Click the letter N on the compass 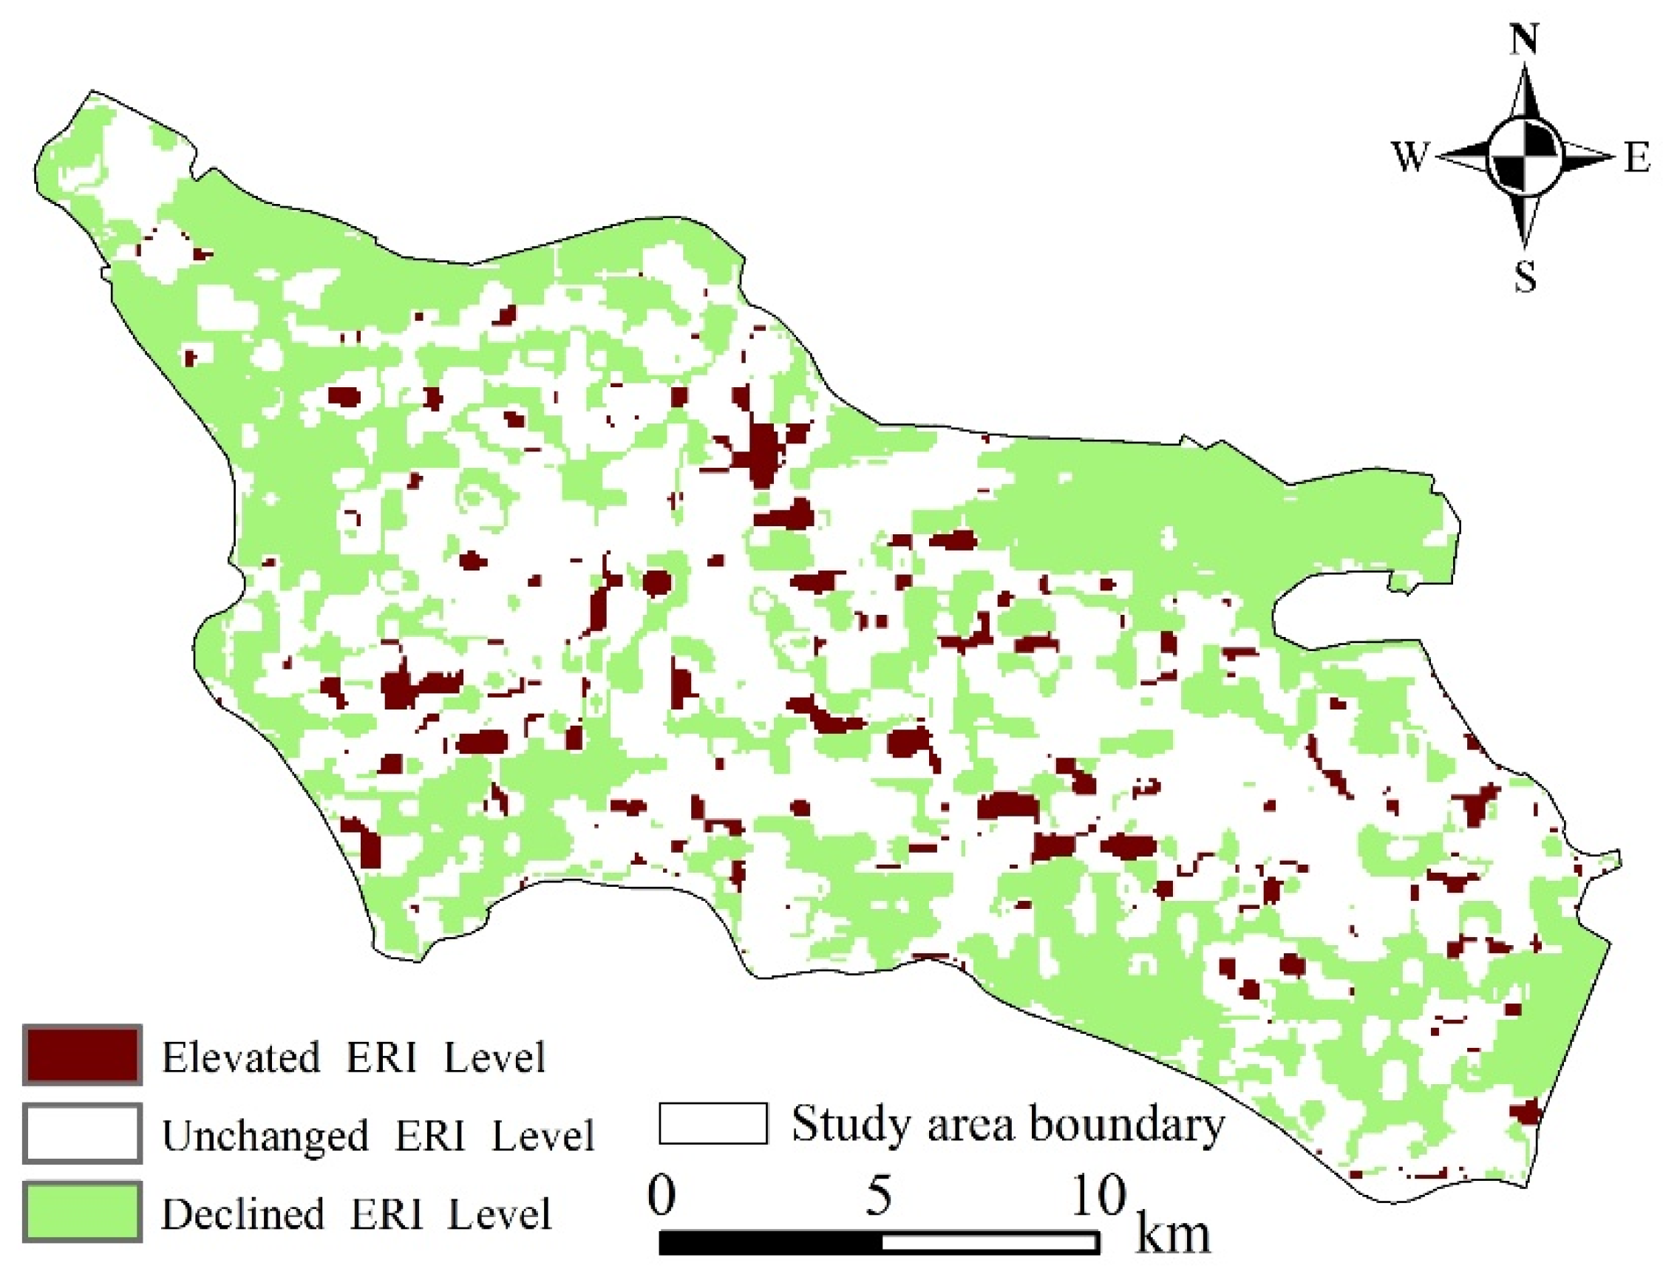pyautogui.click(x=1524, y=39)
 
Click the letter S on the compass pyautogui.click(x=1525, y=277)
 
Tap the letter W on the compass pyautogui.click(x=1409, y=157)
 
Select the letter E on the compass pyautogui.click(x=1636, y=158)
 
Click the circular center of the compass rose pyautogui.click(x=1524, y=158)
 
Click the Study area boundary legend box pyautogui.click(x=712, y=1123)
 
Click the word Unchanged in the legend pyautogui.click(x=265, y=1136)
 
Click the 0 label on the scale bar pyautogui.click(x=662, y=1196)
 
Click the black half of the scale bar pyautogui.click(x=769, y=1242)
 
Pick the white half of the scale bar pyautogui.click(x=990, y=1242)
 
